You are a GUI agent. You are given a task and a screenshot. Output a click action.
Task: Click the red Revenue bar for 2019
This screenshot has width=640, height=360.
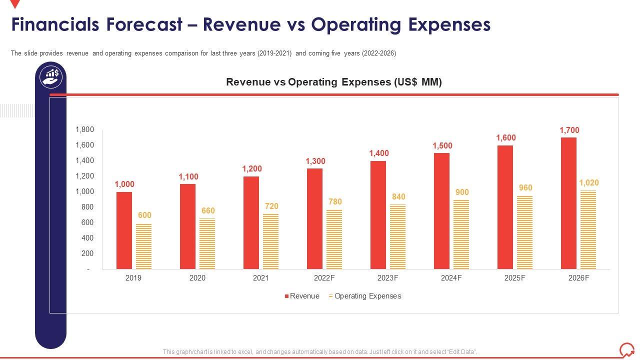pyautogui.click(x=124, y=230)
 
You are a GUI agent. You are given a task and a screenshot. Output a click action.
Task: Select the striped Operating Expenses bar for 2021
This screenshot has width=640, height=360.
pyautogui.click(x=270, y=241)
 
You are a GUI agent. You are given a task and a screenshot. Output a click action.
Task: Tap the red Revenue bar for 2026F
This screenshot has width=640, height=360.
pyautogui.click(x=568, y=203)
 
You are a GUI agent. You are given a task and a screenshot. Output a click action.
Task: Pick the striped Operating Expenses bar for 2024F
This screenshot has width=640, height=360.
pyautogui.click(x=461, y=234)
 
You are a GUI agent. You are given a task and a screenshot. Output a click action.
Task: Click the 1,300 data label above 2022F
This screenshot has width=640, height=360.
pyautogui.click(x=315, y=161)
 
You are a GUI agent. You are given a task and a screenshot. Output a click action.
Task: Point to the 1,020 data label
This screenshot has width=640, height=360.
pyautogui.click(x=588, y=183)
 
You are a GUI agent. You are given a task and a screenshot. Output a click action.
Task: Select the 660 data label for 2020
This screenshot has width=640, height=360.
pyautogui.click(x=208, y=211)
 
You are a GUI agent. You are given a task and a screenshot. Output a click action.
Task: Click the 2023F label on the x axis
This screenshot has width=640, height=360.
pyautogui.click(x=387, y=278)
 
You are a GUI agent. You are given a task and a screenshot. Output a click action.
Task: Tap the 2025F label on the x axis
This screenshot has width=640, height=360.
pyautogui.click(x=514, y=278)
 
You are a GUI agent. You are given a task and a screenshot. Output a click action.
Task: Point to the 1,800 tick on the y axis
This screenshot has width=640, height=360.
pyautogui.click(x=84, y=129)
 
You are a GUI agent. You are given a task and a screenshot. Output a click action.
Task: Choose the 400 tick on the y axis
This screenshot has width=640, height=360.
pyautogui.click(x=88, y=238)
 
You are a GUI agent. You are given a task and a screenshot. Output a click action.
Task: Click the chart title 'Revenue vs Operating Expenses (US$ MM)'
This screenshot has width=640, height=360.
pyautogui.click(x=334, y=82)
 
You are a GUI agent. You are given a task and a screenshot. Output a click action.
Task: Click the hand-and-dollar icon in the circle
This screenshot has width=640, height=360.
pyautogui.click(x=51, y=77)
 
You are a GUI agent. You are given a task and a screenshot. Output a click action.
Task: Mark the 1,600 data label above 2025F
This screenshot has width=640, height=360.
pyautogui.click(x=505, y=138)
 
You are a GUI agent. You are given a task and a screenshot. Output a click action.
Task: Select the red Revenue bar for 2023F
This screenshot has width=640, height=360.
pyautogui.click(x=378, y=215)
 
